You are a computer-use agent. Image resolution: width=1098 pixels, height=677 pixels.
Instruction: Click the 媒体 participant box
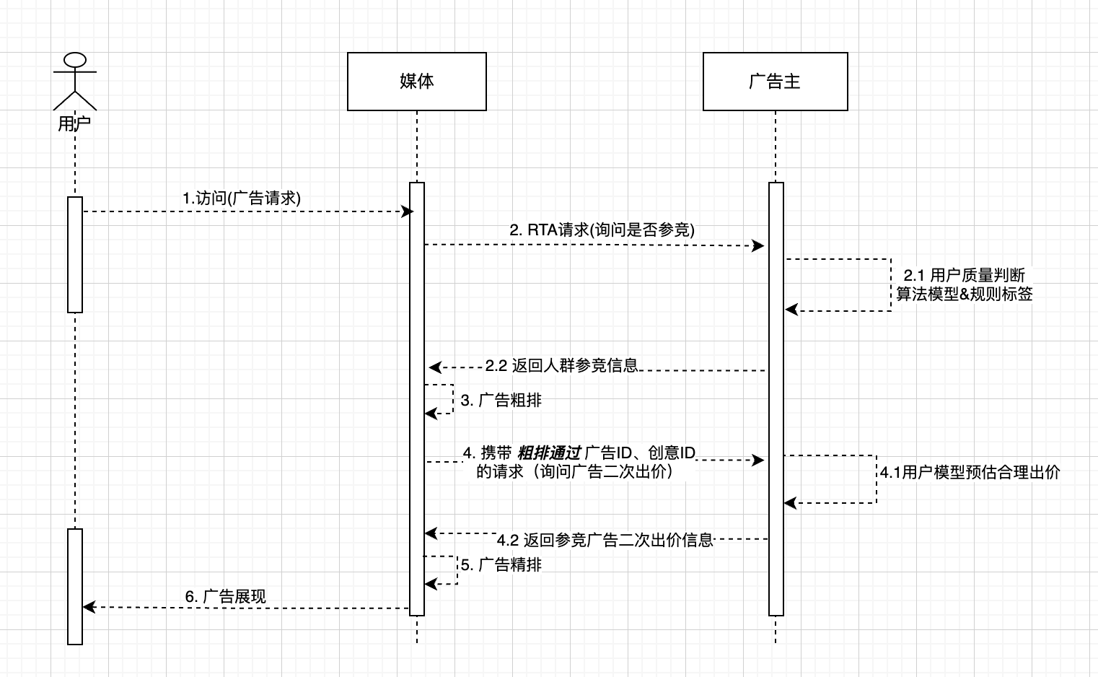pyautogui.click(x=416, y=82)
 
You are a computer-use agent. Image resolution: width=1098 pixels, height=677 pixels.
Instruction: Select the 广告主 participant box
pyautogui.click(x=775, y=82)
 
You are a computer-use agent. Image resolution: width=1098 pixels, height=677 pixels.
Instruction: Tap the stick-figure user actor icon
pyautogui.click(x=74, y=80)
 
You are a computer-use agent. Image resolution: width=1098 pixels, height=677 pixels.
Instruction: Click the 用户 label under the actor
pyautogui.click(x=74, y=123)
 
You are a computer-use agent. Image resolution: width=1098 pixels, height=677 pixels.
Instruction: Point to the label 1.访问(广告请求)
pyautogui.click(x=241, y=198)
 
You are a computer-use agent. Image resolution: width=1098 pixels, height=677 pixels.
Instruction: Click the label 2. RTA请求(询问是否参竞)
pyautogui.click(x=602, y=230)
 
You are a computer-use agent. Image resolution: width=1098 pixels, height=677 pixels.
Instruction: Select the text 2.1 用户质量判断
pyautogui.click(x=964, y=275)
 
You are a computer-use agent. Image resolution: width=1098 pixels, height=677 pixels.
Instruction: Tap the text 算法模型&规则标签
pyautogui.click(x=964, y=294)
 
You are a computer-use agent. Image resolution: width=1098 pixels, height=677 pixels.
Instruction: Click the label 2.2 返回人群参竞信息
pyautogui.click(x=561, y=366)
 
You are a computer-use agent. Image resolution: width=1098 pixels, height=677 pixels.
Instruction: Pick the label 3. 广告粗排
pyautogui.click(x=501, y=401)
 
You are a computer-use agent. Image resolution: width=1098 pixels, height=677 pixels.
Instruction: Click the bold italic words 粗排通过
pyautogui.click(x=549, y=453)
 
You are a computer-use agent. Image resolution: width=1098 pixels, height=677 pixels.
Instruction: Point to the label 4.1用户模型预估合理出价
pyautogui.click(x=970, y=473)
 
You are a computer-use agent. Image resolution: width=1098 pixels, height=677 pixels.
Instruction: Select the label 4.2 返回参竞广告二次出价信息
pyautogui.click(x=605, y=540)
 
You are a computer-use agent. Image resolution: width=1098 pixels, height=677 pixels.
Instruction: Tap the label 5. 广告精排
pyautogui.click(x=501, y=565)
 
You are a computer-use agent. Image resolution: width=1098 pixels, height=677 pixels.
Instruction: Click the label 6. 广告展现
pyautogui.click(x=225, y=597)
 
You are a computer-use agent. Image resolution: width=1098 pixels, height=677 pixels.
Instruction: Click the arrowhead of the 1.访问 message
pyautogui.click(x=408, y=211)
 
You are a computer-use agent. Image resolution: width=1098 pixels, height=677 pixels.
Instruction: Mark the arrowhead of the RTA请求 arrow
pyautogui.click(x=759, y=246)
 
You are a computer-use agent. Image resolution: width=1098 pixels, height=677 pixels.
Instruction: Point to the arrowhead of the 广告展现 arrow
pyautogui.click(x=89, y=607)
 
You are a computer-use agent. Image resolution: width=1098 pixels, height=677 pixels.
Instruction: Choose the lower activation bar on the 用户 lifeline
pyautogui.click(x=75, y=586)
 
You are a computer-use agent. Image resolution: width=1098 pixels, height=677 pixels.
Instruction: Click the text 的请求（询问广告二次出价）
pyautogui.click(x=575, y=472)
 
